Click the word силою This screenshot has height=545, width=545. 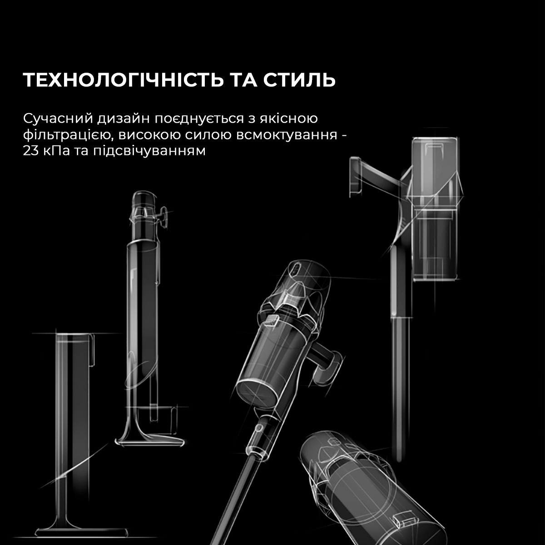[x=209, y=135]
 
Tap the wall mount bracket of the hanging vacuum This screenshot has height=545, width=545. [x=357, y=175]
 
